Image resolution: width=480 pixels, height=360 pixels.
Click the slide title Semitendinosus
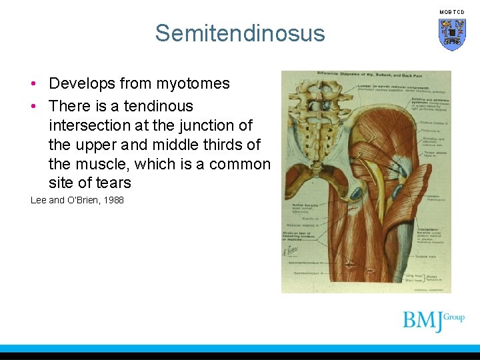pos(240,33)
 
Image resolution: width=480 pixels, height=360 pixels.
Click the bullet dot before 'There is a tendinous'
pos(33,106)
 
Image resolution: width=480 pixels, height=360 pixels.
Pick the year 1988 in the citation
pos(112,200)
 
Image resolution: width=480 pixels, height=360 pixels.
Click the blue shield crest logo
pos(451,34)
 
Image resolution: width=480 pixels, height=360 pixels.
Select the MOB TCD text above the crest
pos(451,12)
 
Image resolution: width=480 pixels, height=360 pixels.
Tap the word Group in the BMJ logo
pos(454,317)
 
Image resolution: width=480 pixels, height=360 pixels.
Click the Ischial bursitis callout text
pos(304,209)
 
